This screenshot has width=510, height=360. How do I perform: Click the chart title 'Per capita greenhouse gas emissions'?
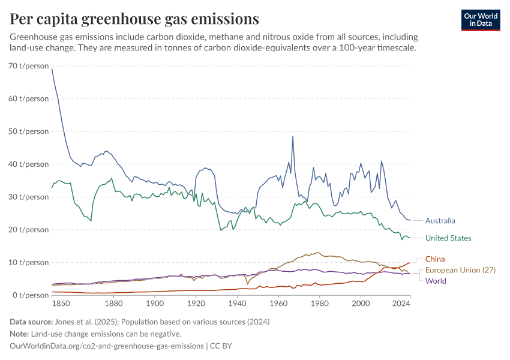135,19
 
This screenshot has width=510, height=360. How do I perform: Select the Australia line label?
440,221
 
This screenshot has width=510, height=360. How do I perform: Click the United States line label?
448,238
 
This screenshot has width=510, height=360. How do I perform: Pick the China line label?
435,259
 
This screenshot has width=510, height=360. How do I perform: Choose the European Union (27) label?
461,270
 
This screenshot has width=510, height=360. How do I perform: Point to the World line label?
436,281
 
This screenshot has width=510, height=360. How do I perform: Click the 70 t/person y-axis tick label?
29,65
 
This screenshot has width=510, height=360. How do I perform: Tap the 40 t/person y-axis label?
29,164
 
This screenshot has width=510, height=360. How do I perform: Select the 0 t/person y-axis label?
32,295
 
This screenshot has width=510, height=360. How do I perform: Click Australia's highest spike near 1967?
293,137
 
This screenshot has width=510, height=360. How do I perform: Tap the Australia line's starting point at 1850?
52,69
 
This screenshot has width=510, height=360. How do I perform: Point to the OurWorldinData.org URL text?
106,346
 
